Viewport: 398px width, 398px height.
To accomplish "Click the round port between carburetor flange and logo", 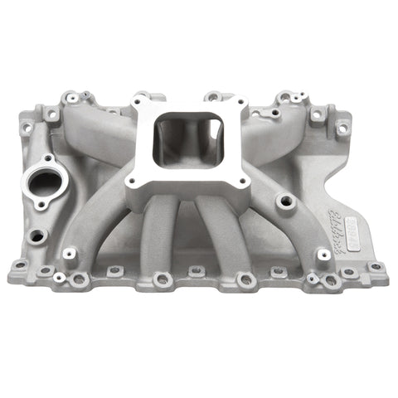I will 285,200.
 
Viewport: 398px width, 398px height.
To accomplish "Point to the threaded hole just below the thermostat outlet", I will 36,235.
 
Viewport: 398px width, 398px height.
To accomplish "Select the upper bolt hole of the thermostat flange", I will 47,158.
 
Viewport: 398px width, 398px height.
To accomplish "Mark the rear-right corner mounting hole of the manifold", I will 342,128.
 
